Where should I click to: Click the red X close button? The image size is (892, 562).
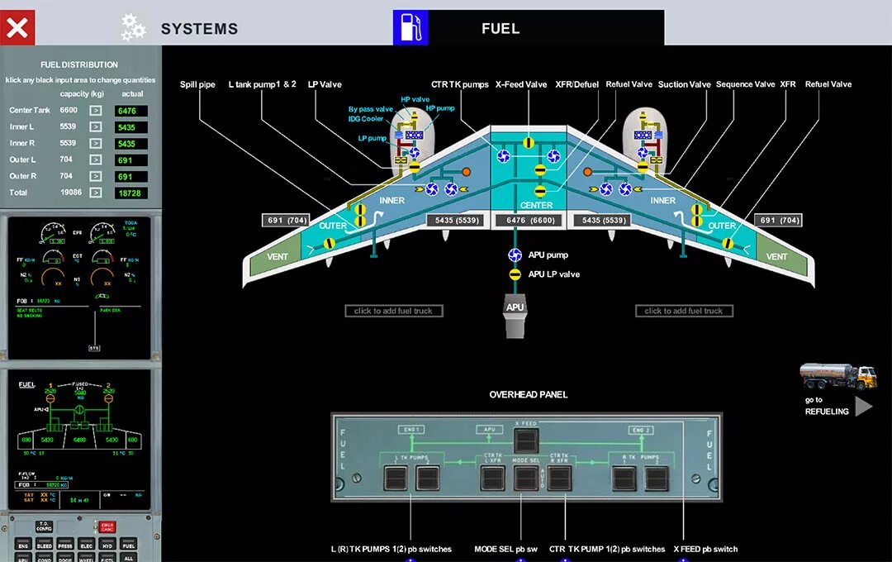18,27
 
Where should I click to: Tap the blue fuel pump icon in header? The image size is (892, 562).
410,27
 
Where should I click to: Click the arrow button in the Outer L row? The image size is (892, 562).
96,160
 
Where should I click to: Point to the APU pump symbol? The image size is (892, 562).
515,255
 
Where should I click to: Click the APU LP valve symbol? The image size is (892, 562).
515,274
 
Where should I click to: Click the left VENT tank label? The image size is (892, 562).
278,257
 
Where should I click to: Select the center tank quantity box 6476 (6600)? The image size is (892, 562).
525,221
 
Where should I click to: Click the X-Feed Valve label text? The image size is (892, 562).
521,84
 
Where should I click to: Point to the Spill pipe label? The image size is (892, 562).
197,84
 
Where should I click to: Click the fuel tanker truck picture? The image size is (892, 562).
837,377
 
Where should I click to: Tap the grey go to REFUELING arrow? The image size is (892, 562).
863,406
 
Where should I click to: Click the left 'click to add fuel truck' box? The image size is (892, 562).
394,311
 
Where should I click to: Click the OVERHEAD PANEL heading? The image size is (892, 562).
528,394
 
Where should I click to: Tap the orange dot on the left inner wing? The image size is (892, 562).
466,171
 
